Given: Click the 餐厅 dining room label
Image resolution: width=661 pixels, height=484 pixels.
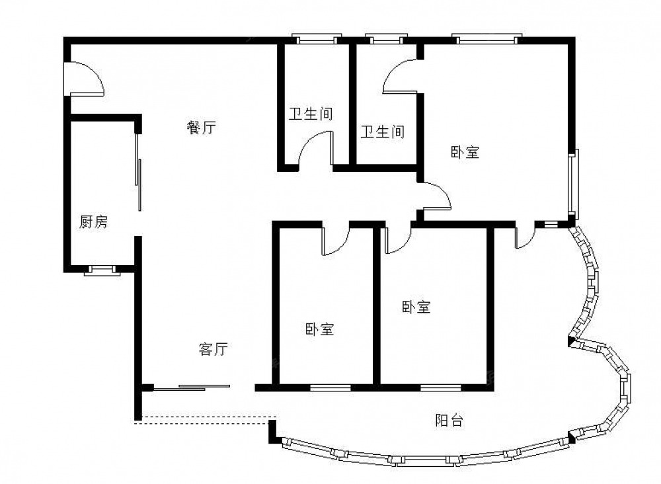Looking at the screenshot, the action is (201, 127).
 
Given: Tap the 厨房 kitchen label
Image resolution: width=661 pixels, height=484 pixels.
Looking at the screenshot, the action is (94, 222).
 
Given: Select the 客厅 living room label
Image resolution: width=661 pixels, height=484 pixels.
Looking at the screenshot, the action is (213, 349).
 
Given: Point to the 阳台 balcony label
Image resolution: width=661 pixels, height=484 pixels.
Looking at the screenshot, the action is (449, 421).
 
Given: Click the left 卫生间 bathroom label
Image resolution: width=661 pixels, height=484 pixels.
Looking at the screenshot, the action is (311, 114).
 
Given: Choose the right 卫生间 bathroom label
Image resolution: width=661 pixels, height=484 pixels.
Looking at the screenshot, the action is (382, 132).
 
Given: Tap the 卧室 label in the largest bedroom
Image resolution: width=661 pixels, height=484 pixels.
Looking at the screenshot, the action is (465, 152).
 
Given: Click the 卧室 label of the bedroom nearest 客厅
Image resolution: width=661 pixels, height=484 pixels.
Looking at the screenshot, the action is (319, 329).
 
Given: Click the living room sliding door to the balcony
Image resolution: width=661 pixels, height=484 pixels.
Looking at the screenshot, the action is (192, 387).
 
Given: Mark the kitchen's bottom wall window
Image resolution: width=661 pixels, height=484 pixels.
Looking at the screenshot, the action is (102, 270).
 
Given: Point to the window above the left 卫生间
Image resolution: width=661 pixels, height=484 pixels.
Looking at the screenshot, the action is (317, 39).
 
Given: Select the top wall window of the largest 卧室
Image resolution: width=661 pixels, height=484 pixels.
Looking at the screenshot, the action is (487, 39).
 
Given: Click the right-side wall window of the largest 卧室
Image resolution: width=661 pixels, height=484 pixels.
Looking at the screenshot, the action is (572, 183).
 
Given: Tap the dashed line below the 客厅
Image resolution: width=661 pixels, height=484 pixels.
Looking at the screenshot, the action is (206, 421).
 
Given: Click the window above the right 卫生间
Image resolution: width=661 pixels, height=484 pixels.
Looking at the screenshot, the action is (387, 39).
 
